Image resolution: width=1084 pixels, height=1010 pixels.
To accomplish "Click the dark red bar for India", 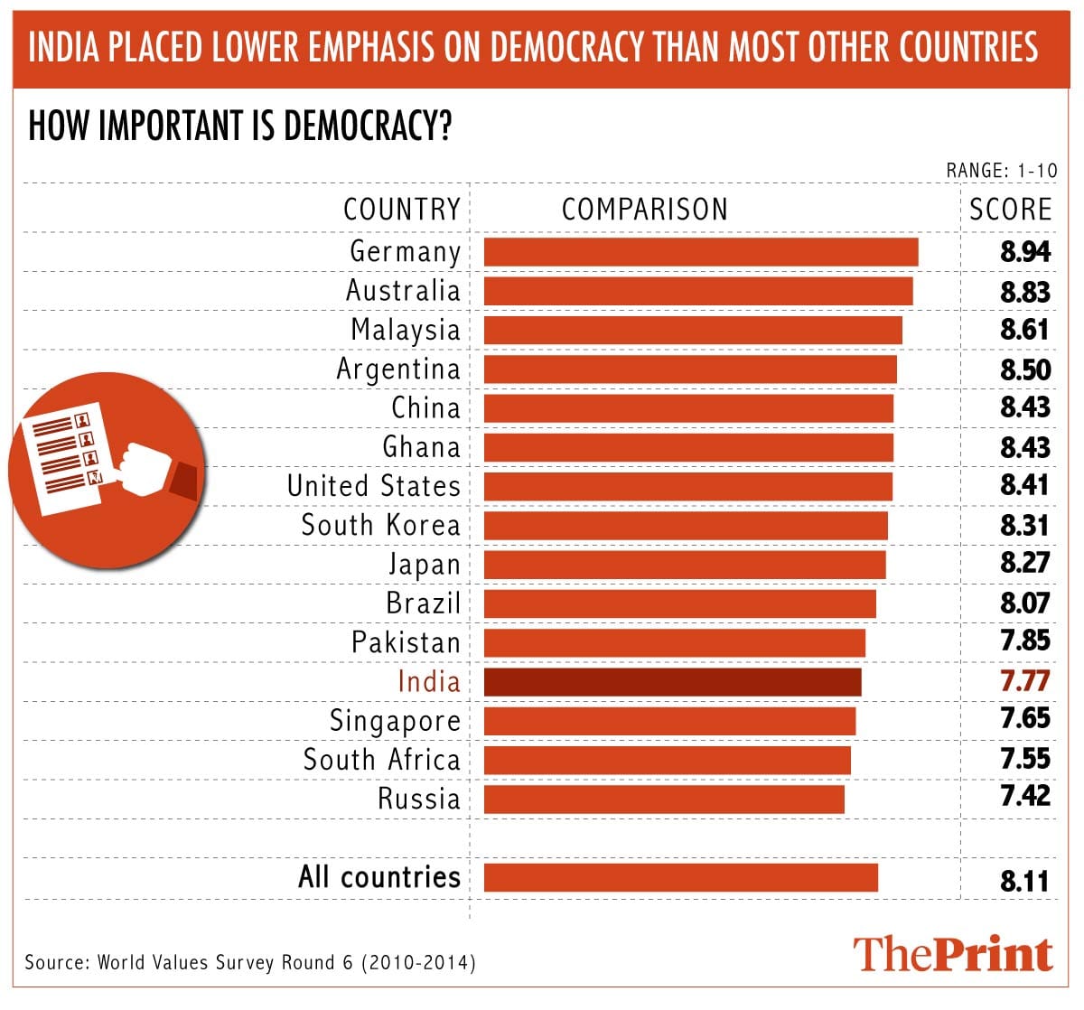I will pyautogui.click(x=672, y=682).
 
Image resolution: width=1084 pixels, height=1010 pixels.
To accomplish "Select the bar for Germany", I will pyautogui.click(x=701, y=252).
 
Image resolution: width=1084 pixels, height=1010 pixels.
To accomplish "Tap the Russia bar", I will pyautogui.click(x=664, y=800).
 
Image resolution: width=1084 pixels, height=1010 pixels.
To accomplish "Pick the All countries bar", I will pyautogui.click(x=680, y=877).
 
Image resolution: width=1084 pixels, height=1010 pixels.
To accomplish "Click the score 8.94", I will pyautogui.click(x=1025, y=252).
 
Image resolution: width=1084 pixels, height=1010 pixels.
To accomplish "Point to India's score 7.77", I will pyautogui.click(x=1025, y=680).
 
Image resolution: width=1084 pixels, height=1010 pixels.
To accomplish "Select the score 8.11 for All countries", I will pyautogui.click(x=1025, y=880).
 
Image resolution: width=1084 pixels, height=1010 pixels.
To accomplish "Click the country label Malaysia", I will pyautogui.click(x=406, y=330).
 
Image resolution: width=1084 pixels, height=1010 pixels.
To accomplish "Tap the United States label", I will pyautogui.click(x=374, y=486).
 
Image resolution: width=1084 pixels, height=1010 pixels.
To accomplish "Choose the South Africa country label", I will pyautogui.click(x=382, y=760).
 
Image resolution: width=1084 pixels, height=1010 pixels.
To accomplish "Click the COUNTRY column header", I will pyautogui.click(x=402, y=210).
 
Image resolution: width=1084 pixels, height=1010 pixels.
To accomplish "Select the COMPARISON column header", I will pyautogui.click(x=644, y=210).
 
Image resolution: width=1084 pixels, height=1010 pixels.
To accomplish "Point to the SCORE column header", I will pyautogui.click(x=1010, y=210).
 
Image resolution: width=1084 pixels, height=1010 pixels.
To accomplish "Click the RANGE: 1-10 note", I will pyautogui.click(x=1001, y=171).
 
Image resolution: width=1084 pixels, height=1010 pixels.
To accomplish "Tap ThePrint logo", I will pyautogui.click(x=953, y=954).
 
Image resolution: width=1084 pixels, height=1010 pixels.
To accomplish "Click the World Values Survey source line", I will pyautogui.click(x=250, y=962).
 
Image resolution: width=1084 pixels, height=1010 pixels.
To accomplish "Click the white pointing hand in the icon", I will pyautogui.click(x=145, y=468).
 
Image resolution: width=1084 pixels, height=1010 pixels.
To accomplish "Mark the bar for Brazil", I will pyautogui.click(x=679, y=603).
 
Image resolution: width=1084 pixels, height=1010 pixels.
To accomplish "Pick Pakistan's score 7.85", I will pyautogui.click(x=1025, y=641).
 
